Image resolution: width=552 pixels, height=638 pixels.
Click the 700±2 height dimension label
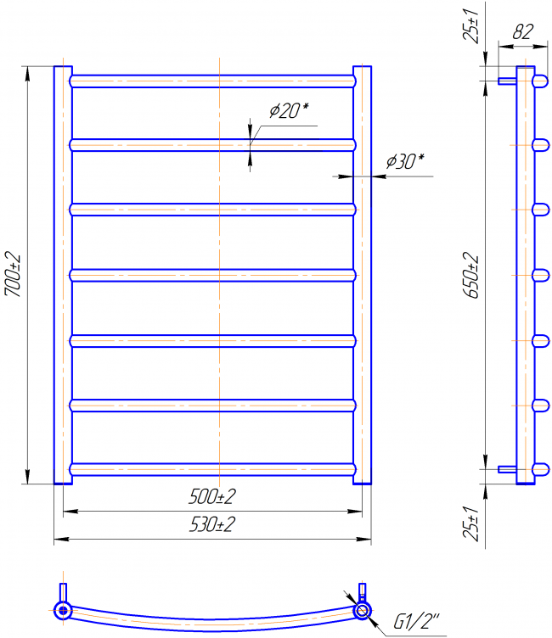point(12,274)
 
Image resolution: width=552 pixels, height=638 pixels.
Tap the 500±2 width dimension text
point(211,496)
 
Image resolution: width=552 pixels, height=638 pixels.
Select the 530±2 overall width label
point(211,524)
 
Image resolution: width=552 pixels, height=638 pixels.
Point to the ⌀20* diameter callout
point(289,109)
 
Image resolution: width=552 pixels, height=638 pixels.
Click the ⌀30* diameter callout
point(405,161)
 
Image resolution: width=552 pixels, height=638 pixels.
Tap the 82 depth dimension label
point(522,31)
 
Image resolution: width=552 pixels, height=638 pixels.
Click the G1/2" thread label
point(416,621)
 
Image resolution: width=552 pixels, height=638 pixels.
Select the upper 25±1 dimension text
point(470,25)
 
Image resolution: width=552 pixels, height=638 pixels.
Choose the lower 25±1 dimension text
point(470,523)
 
